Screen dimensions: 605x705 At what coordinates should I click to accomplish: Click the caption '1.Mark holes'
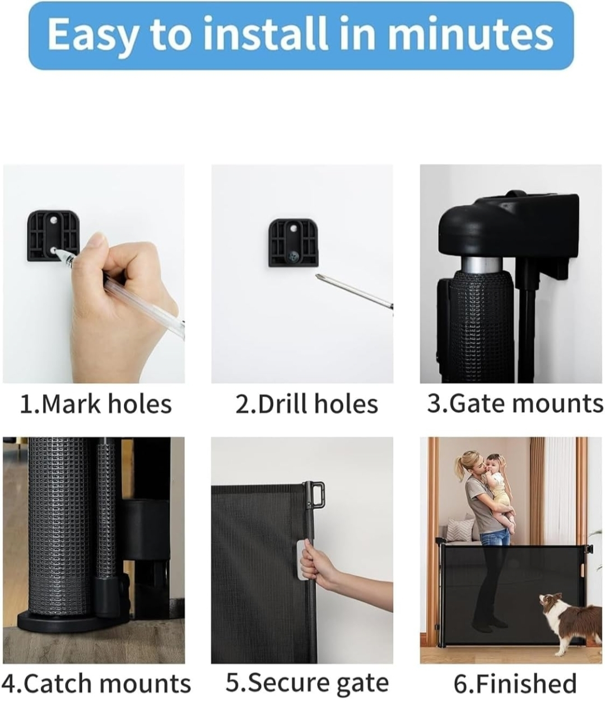(96, 404)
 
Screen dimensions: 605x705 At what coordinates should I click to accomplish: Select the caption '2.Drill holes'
(306, 404)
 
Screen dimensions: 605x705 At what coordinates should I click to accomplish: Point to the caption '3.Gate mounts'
(515, 403)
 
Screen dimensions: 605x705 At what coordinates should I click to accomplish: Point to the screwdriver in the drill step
(354, 291)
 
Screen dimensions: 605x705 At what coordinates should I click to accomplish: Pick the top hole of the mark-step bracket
(53, 221)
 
